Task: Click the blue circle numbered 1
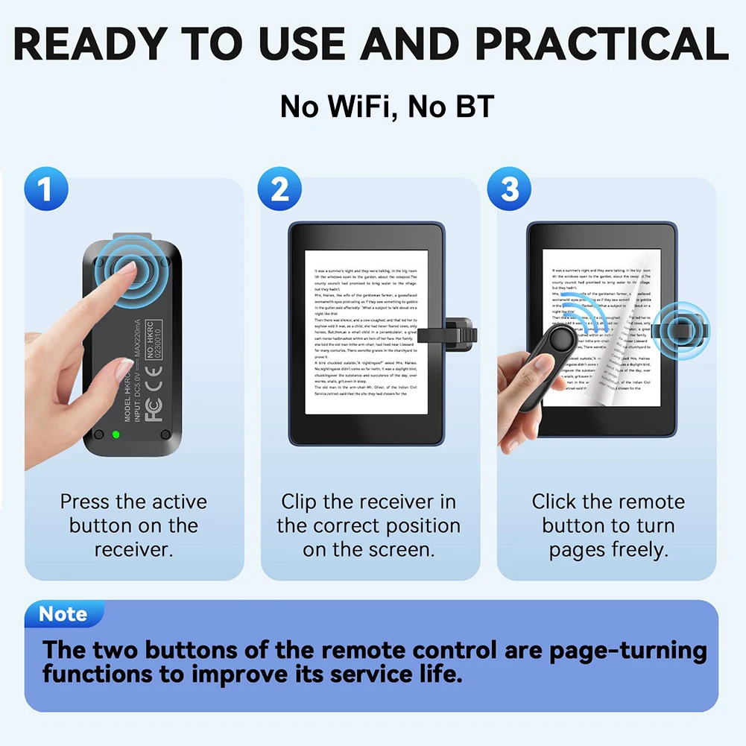click(x=46, y=189)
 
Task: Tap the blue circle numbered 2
click(x=280, y=189)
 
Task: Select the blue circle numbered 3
click(x=510, y=189)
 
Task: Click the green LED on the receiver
click(x=116, y=434)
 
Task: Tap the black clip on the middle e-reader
click(x=447, y=334)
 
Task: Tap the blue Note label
click(x=63, y=614)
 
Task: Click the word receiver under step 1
click(x=133, y=550)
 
